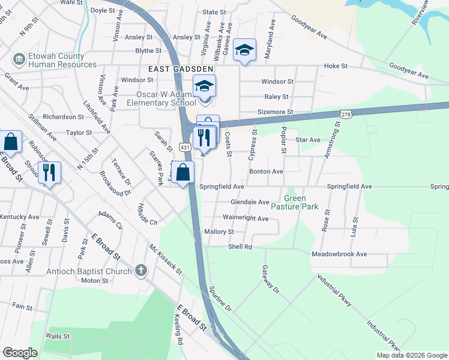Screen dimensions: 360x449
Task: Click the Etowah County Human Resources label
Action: (62, 60)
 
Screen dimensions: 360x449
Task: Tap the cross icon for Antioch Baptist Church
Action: (141, 270)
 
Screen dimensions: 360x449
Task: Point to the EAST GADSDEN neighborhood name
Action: (173, 70)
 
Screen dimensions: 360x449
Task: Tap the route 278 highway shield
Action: (345, 113)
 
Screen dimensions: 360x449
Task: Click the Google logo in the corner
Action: (20, 353)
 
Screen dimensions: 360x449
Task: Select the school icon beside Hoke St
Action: (245, 50)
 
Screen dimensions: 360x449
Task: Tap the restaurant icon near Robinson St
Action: (49, 173)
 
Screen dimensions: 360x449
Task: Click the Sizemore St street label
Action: (274, 112)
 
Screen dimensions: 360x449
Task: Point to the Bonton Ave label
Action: (266, 172)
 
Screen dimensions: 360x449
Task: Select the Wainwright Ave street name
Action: (246, 218)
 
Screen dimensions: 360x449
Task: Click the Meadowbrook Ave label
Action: (339, 254)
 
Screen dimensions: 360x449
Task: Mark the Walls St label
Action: (58, 337)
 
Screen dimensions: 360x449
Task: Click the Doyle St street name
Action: (103, 11)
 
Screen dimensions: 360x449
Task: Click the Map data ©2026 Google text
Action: (411, 355)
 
